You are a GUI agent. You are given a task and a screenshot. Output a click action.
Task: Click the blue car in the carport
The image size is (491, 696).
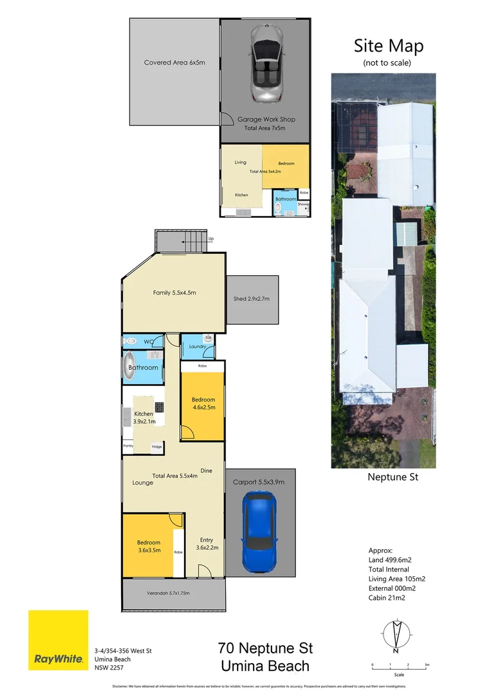click(261, 532)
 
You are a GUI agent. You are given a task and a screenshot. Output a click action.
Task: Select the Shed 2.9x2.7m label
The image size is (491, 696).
click(251, 299)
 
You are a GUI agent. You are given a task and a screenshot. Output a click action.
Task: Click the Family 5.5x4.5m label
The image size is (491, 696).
click(174, 293)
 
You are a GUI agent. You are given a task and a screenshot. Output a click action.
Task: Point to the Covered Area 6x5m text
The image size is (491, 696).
click(174, 63)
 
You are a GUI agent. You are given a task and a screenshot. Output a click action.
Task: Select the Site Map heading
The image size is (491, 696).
click(388, 46)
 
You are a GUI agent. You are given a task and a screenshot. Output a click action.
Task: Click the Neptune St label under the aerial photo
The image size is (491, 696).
click(393, 478)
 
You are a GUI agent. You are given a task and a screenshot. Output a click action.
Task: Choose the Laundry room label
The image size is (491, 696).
click(198, 347)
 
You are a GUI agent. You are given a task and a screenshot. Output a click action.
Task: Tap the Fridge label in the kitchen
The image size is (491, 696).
click(156, 446)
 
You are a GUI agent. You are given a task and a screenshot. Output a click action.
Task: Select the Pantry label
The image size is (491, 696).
click(128, 446)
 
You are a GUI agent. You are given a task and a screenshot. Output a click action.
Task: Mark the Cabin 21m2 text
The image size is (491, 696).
click(388, 597)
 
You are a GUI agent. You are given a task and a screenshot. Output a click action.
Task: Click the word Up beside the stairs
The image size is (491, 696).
click(210, 239)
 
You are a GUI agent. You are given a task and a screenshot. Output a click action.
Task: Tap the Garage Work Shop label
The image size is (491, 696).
click(266, 119)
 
